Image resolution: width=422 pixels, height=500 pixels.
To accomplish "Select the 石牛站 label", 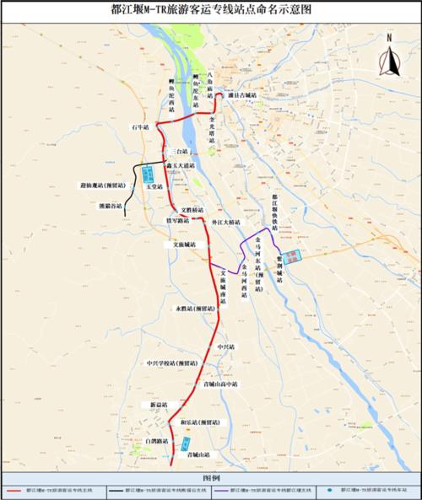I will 140,126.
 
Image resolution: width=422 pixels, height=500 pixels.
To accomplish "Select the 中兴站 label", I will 226,347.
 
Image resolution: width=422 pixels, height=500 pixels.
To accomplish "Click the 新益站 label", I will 160,406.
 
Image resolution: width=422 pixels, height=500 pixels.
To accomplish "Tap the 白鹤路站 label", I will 156,441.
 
